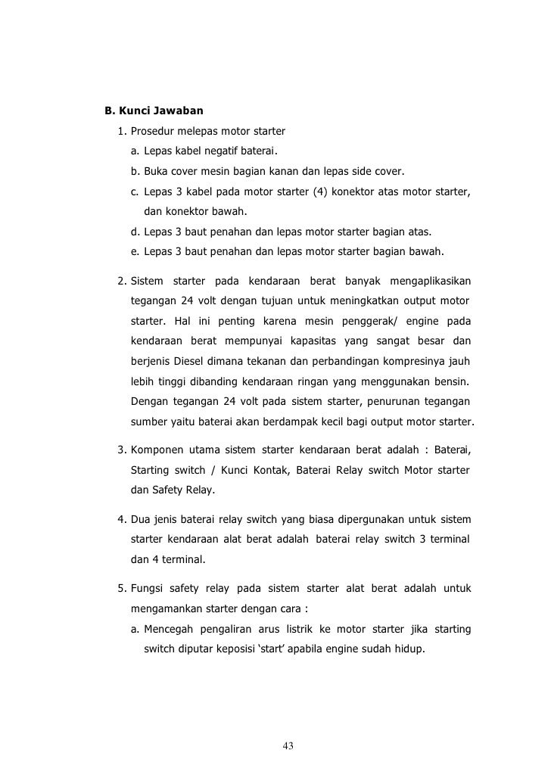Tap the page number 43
288,747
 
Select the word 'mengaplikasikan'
430,282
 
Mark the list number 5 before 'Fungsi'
121,588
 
